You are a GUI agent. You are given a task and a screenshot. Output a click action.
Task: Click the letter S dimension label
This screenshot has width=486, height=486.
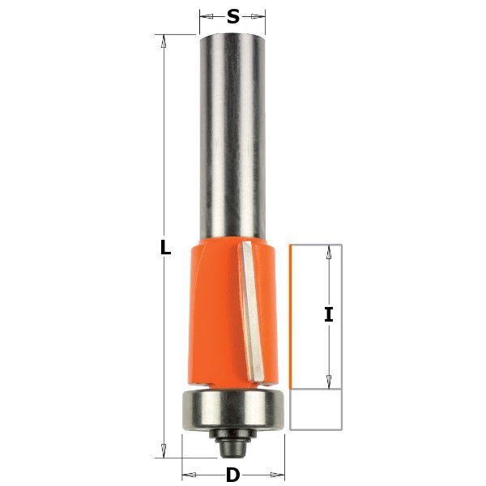[233, 16]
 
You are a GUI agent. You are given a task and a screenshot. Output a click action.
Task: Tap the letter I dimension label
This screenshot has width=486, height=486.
[329, 314]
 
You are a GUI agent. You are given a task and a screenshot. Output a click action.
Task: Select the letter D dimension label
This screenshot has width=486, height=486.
[233, 475]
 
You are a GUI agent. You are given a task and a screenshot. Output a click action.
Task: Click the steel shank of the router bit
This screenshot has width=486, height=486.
[232, 136]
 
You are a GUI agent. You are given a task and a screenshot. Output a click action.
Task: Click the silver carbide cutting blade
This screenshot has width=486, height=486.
[251, 312]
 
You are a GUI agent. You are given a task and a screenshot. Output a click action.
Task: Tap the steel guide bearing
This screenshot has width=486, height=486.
[233, 410]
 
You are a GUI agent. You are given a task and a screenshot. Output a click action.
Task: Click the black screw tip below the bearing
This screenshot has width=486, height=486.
[233, 449]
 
